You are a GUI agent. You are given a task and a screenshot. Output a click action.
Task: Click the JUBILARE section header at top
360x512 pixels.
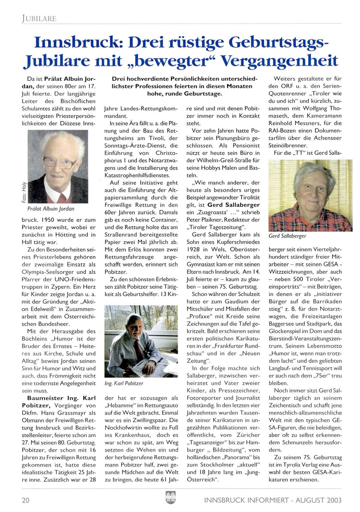point(39,19)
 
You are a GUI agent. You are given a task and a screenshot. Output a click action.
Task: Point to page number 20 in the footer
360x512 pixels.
point(26,500)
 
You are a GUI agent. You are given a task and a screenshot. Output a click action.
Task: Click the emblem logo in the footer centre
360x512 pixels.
point(170,497)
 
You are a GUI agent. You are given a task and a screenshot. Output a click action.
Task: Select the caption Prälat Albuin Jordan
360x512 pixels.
point(51,209)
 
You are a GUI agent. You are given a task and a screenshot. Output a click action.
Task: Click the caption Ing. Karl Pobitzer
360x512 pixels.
point(124,383)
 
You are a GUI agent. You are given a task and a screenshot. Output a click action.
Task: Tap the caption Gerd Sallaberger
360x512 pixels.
point(287,236)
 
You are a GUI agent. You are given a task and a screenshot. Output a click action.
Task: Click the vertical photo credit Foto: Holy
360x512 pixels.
point(25,192)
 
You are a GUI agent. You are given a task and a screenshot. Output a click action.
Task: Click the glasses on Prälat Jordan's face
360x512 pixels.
point(60,162)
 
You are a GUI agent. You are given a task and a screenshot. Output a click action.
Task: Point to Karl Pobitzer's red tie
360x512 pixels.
point(138,349)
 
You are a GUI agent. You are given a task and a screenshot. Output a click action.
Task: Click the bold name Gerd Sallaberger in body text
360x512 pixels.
point(234,205)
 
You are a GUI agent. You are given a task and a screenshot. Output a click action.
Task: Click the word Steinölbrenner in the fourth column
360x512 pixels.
point(288,145)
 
